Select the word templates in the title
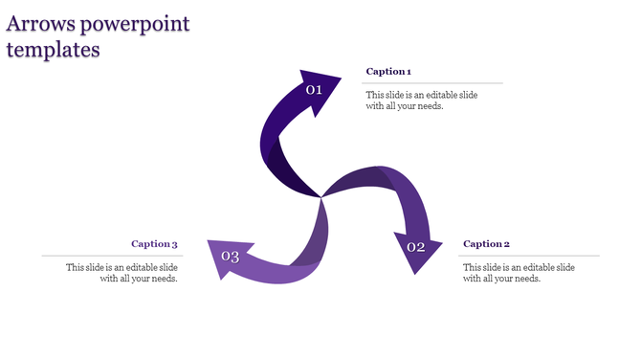(54, 49)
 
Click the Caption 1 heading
(388, 72)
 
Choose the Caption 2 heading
(486, 244)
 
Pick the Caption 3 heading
(154, 244)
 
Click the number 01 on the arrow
(314, 90)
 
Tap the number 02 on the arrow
(416, 247)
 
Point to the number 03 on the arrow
(230, 256)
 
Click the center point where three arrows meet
(320, 197)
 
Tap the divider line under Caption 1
(431, 83)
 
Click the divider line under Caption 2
(530, 256)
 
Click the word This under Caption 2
(472, 267)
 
